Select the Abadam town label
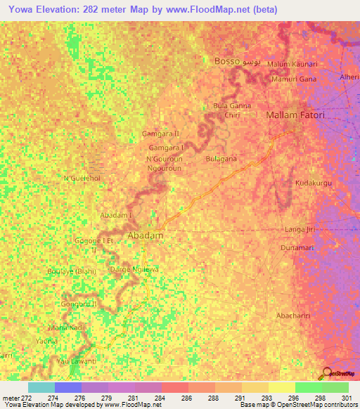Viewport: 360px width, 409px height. [x=146, y=236]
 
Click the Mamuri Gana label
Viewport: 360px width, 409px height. [x=293, y=79]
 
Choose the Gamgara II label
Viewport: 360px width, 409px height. [x=161, y=134]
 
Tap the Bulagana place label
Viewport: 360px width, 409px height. [x=221, y=160]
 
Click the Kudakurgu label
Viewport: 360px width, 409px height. [x=313, y=183]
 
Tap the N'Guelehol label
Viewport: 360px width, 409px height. [x=82, y=178]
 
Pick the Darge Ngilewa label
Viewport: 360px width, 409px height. [x=129, y=269]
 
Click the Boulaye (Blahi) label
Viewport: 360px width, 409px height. [x=70, y=271]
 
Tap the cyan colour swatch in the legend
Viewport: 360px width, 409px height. [x=41, y=387]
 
